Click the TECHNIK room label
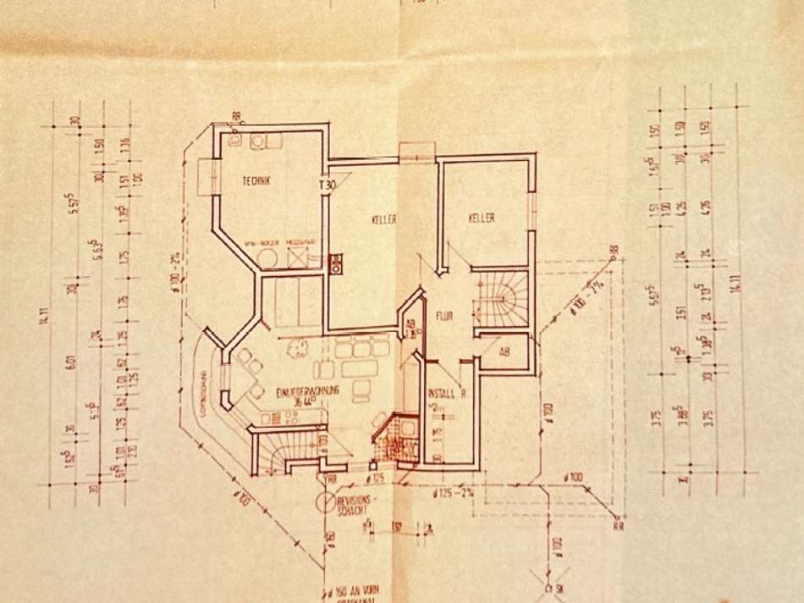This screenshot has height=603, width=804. point(256,180)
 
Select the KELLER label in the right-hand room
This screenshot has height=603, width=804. point(482,219)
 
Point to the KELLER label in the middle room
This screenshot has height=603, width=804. point(384,219)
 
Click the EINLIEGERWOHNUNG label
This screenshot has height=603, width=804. point(307,391)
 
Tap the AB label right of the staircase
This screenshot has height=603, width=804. point(504,351)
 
